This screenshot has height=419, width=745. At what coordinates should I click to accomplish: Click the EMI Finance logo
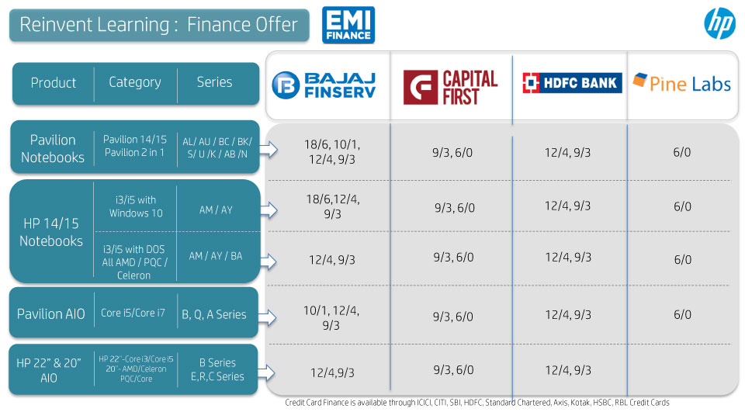[x=348, y=25]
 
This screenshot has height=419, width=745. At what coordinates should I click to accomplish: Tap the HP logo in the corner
[x=720, y=23]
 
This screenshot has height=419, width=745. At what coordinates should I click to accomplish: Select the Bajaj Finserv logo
[x=324, y=85]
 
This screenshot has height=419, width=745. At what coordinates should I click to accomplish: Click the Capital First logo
[x=450, y=88]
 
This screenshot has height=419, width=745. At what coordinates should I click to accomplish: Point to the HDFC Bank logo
[x=572, y=83]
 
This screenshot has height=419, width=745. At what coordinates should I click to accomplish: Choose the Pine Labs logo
[x=682, y=83]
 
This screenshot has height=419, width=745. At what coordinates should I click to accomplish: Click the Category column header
[x=135, y=83]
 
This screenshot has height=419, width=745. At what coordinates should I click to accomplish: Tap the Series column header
[x=214, y=82]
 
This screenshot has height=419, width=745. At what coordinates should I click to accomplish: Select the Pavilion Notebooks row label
[x=53, y=148]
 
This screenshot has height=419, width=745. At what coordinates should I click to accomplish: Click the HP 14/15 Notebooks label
[x=51, y=232]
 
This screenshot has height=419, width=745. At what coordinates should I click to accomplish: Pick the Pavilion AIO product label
[x=51, y=314]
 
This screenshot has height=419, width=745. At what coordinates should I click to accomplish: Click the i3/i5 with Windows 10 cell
[x=136, y=206]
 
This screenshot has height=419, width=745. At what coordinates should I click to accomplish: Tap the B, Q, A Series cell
[x=214, y=314]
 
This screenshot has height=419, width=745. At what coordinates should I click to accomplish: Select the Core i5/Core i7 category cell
[x=133, y=313]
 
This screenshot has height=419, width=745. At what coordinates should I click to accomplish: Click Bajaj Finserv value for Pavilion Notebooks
[x=332, y=151]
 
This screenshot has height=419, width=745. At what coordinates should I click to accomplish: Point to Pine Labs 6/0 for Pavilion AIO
[x=682, y=314]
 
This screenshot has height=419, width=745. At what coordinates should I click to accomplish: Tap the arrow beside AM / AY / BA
[x=269, y=261]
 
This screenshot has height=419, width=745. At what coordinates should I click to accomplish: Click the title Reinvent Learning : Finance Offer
[x=158, y=25]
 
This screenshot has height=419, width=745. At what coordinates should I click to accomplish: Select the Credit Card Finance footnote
[x=477, y=403]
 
